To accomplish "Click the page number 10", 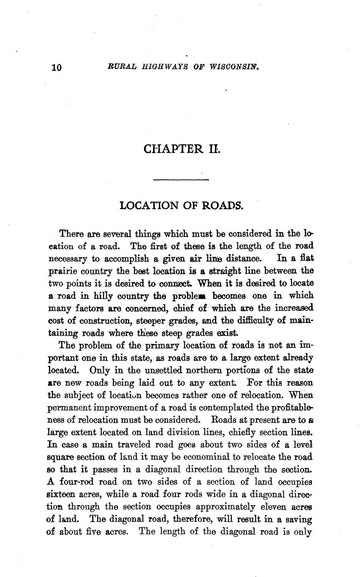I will (56, 67).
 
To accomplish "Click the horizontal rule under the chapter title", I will (181, 180).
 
